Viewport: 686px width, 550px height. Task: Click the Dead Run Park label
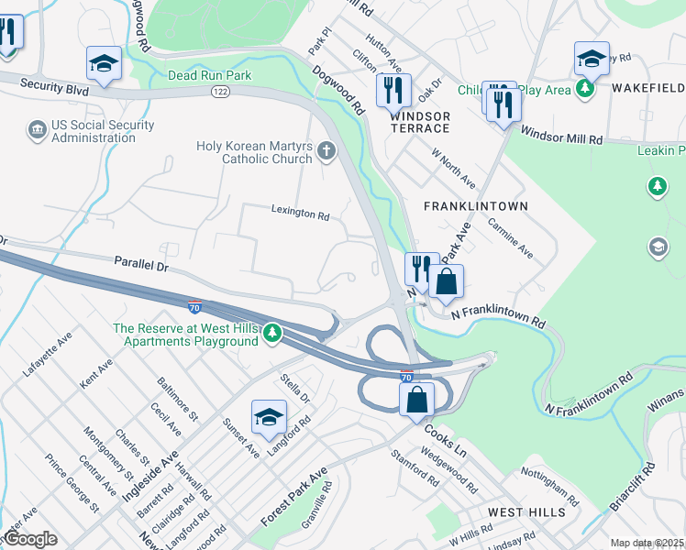coord(209,75)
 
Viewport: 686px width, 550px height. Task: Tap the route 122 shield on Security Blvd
coord(220,92)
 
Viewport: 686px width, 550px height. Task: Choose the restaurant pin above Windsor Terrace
coord(393,91)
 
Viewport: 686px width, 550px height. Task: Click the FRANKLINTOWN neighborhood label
coord(476,206)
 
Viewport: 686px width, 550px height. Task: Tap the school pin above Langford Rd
coord(269,417)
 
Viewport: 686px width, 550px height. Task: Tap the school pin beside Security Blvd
coord(105,64)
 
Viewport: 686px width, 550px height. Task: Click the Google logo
coord(29,539)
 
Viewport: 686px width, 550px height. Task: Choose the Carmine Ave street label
coord(511,237)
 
